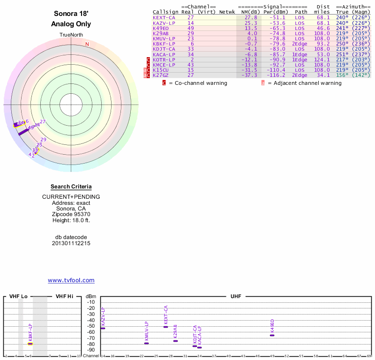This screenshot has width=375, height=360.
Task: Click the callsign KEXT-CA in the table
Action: (164, 17)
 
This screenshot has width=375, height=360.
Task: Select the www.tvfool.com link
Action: (71, 280)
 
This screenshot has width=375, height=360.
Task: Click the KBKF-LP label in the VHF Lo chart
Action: (30, 332)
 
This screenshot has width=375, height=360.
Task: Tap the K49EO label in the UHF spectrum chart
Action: (272, 326)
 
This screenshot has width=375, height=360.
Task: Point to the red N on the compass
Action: (87, 45)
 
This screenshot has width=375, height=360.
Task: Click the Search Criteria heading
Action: (71, 187)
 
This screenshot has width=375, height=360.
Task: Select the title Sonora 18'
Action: (71, 14)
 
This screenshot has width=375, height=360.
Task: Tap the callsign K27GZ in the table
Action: (161, 75)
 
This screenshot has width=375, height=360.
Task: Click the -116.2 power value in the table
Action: (277, 75)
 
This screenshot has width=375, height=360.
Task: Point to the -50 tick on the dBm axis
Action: (91, 326)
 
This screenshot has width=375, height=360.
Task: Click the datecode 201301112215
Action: (71, 243)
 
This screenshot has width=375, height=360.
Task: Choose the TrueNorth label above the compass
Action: (71, 35)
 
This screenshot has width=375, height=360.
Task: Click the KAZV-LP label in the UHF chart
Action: (103, 317)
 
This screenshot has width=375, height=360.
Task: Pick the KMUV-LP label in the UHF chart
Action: (146, 331)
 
